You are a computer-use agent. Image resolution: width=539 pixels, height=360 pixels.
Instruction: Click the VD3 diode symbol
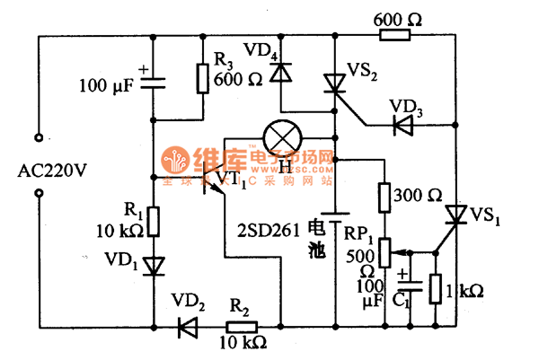tap(402, 125)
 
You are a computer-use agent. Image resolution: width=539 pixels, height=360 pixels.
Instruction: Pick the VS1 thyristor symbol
tap(456, 215)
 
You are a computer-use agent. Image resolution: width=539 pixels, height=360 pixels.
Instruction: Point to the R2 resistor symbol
tap(243, 328)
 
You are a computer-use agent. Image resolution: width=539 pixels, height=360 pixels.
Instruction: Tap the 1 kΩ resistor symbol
tap(436, 289)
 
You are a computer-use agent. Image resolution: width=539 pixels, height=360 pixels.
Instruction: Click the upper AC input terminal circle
tap(40, 138)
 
